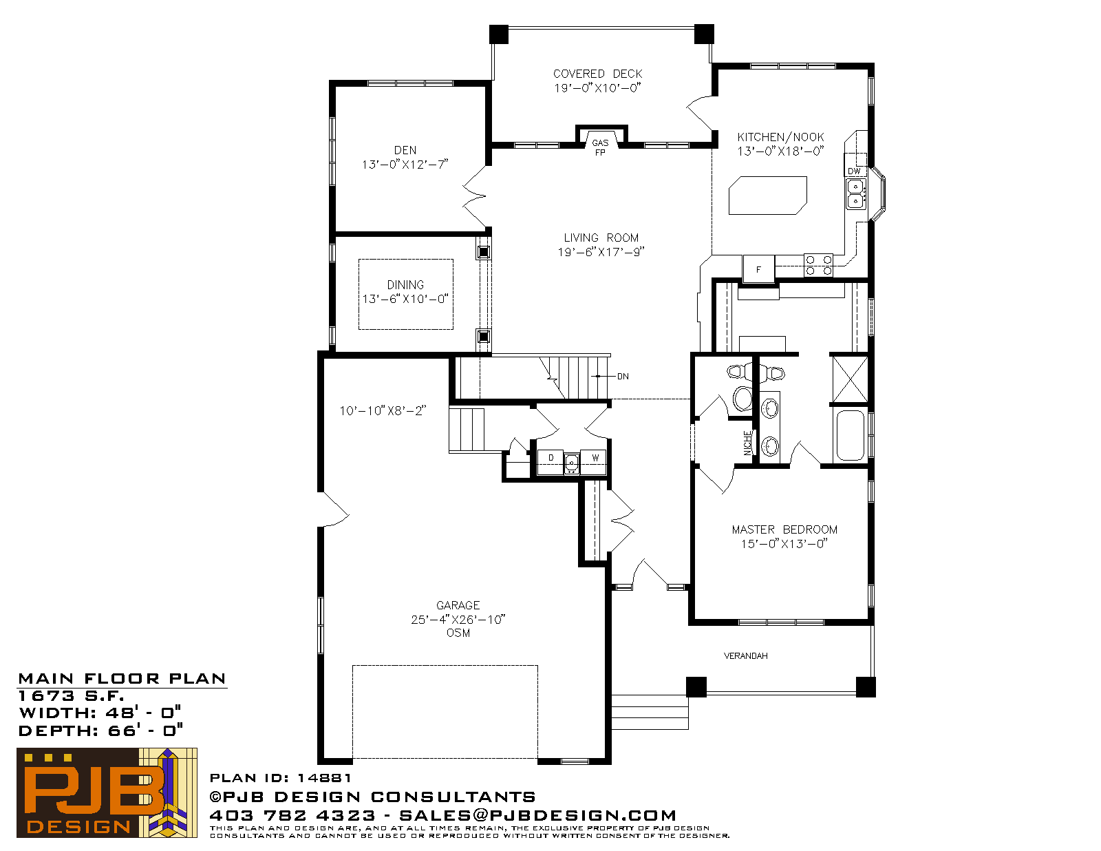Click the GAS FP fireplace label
click(x=600, y=147)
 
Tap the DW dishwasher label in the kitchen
click(x=854, y=171)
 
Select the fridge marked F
click(x=758, y=269)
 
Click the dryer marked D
click(x=550, y=461)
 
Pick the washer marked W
click(x=594, y=461)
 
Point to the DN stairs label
click(x=623, y=376)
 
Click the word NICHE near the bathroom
click(x=747, y=443)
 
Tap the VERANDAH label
click(x=745, y=656)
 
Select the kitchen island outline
click(x=768, y=195)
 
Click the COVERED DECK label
click(x=597, y=74)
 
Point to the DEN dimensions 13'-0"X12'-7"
click(x=405, y=165)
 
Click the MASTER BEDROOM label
click(x=784, y=529)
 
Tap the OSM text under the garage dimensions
click(x=458, y=633)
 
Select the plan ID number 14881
click(x=324, y=777)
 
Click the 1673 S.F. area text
click(x=72, y=695)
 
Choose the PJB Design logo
click(x=107, y=792)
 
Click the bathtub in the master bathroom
click(x=851, y=435)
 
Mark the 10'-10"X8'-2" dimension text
click(x=383, y=410)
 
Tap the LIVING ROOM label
click(x=601, y=238)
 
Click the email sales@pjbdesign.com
click(x=537, y=815)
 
